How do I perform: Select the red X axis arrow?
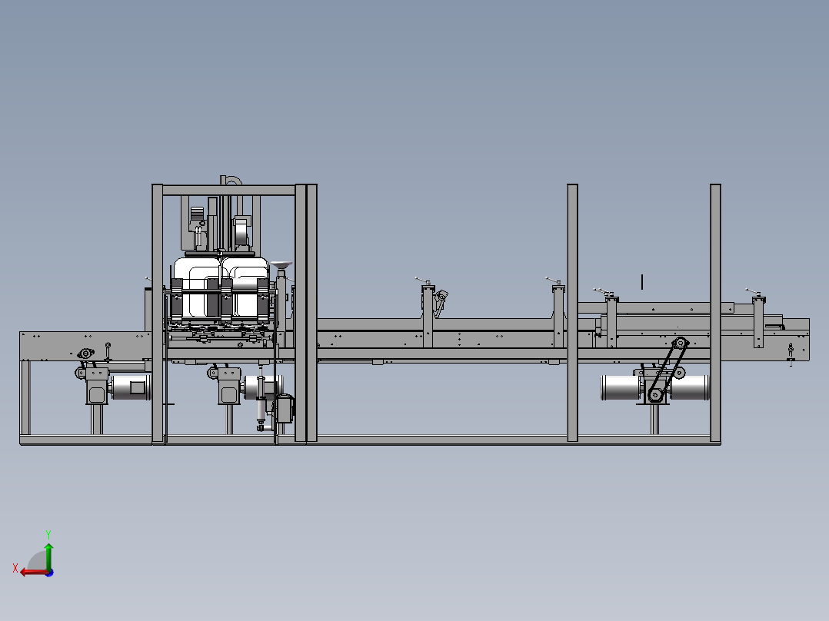click(34, 572)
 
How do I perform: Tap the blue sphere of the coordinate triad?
click(49, 573)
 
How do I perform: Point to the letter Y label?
click(48, 534)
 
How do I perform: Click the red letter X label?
click(15, 568)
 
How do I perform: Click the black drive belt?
click(668, 370)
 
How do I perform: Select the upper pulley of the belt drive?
click(681, 344)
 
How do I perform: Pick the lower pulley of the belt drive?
click(655, 395)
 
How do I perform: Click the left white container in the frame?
click(197, 288)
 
